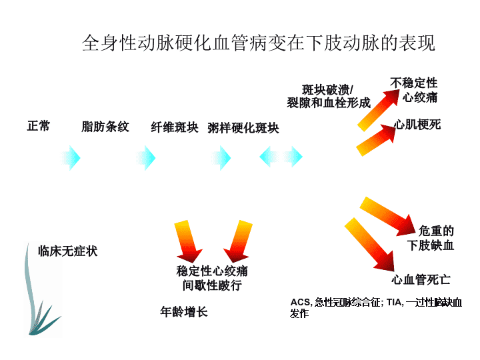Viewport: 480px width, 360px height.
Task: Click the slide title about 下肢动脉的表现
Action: click(x=259, y=43)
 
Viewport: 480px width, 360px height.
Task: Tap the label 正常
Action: click(x=39, y=126)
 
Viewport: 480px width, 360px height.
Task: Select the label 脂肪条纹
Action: click(x=105, y=127)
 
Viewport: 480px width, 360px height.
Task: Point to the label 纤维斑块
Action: click(x=175, y=127)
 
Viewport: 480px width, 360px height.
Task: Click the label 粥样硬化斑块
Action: click(x=243, y=128)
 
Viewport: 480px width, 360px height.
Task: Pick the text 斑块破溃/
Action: click(x=327, y=90)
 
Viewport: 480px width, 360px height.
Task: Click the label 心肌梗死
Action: click(x=417, y=125)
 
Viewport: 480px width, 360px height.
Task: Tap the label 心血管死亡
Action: click(x=421, y=279)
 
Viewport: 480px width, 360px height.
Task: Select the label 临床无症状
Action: click(x=67, y=251)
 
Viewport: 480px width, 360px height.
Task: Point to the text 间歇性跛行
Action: click(x=212, y=285)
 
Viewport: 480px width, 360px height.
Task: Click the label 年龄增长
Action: click(x=184, y=312)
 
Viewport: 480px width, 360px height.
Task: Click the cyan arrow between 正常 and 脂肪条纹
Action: click(x=71, y=158)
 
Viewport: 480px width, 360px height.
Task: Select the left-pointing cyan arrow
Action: click(x=269, y=157)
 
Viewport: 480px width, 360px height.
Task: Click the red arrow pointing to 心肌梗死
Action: click(x=376, y=140)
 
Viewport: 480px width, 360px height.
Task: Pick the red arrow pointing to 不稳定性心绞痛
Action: click(x=379, y=110)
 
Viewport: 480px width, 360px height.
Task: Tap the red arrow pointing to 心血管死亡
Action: click(x=369, y=244)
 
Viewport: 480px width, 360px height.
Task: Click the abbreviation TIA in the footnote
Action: click(x=394, y=303)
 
